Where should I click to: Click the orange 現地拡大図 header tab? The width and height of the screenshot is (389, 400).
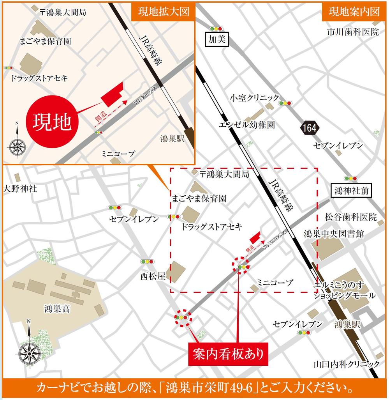coord(163,12)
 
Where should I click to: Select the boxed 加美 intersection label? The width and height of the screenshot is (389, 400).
coord(217,39)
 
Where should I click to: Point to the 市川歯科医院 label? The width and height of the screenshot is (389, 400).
coord(353,32)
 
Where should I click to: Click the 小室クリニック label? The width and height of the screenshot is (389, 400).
coord(254,97)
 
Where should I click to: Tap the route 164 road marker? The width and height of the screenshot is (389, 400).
coord(310,127)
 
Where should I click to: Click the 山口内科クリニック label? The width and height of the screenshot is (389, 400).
coord(347,364)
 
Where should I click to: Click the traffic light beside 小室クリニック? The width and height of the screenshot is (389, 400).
coord(285,103)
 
